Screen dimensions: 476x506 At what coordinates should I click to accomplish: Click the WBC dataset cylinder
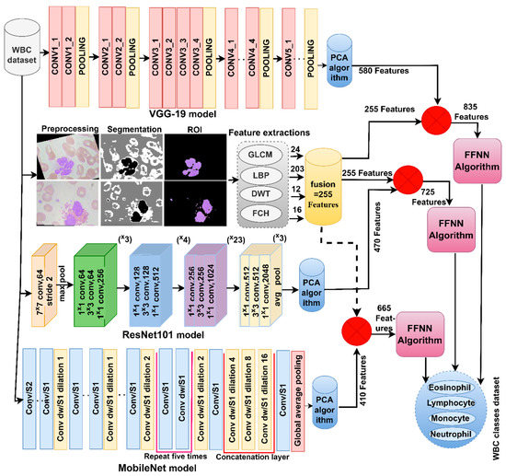(29, 47)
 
